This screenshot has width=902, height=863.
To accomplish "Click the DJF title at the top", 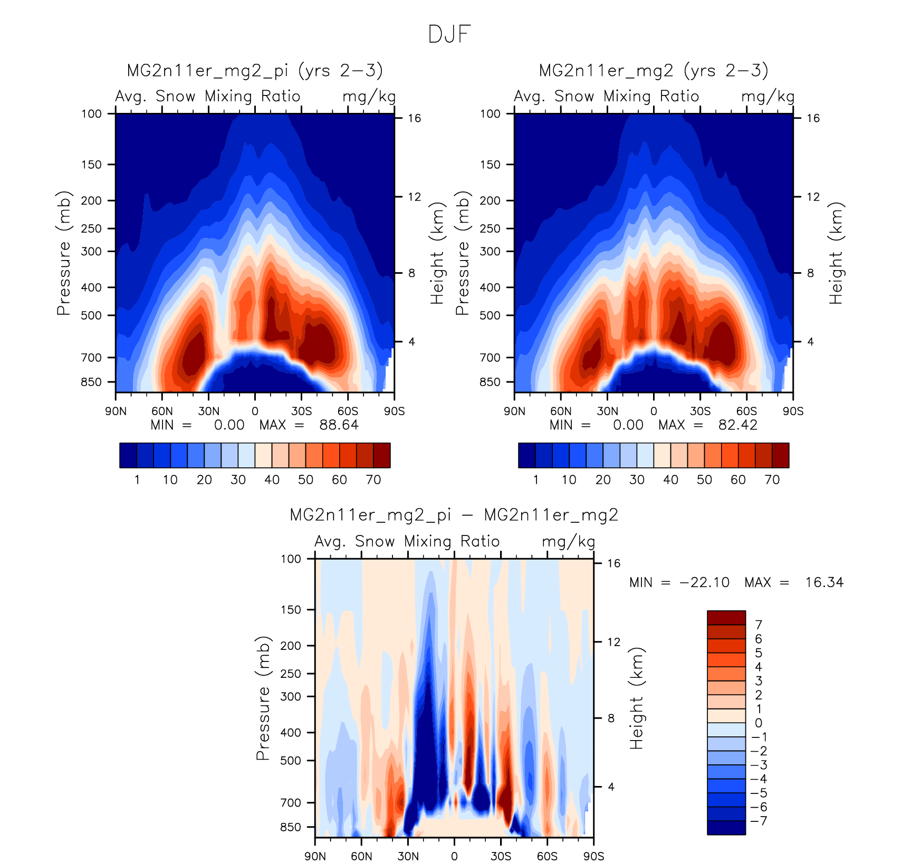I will (449, 34).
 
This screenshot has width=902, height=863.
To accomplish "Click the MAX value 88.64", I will (339, 425).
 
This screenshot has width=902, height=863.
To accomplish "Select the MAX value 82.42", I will (737, 425).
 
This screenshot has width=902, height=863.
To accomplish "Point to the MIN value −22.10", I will (705, 582).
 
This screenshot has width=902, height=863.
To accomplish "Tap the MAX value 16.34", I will (824, 582).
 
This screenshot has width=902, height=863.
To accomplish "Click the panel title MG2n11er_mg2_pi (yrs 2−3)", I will (255, 71).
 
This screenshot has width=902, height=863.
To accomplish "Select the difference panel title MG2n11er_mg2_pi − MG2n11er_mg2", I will (454, 515).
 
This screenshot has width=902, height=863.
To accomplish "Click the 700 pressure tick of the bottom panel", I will (291, 803).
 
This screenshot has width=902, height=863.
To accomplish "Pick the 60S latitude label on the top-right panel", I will (746, 411).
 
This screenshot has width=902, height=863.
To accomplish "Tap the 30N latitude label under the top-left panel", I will (208, 411).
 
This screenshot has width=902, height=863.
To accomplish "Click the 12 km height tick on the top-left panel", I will (415, 197).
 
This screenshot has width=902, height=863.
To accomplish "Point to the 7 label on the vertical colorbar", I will (759, 625).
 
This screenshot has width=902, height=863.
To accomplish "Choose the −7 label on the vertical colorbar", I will (759, 821).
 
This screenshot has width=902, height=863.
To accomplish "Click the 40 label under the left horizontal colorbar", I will (272, 480).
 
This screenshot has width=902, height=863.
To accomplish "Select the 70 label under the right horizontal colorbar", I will (772, 480).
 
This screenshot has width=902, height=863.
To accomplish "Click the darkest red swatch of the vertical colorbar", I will (726, 618).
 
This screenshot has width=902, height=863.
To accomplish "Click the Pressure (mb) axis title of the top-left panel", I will (63, 253).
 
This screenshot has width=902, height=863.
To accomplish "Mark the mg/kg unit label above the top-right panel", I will (767, 97).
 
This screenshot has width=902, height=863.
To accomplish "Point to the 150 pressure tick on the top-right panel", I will (490, 165).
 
